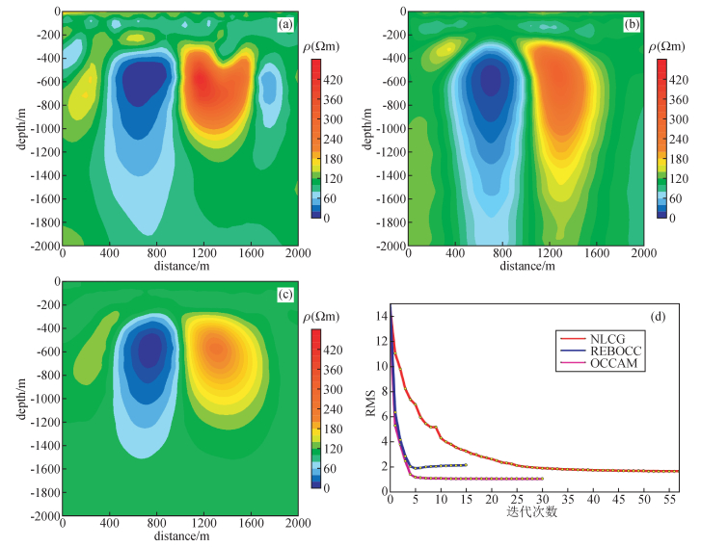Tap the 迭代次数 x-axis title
point(532,512)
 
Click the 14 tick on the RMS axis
point(381,316)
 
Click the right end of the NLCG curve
point(678,471)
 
